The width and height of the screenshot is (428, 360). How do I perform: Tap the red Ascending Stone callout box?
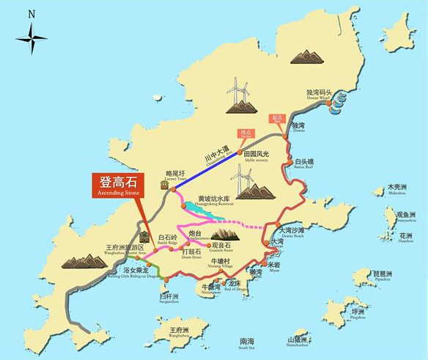click(x=118, y=184)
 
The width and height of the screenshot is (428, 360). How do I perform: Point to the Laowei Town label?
click(x=176, y=177)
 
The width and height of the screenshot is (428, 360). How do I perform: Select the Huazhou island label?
click(x=405, y=238)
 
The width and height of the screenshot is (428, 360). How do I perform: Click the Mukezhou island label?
click(x=396, y=189)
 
